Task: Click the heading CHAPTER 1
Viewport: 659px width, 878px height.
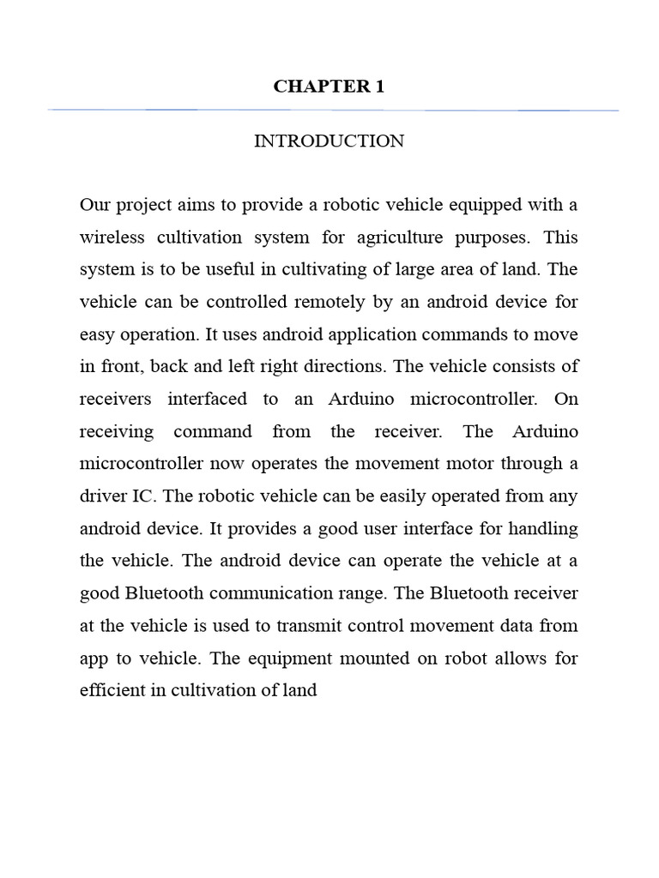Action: tap(329, 87)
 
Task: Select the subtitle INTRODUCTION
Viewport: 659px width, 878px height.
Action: tap(329, 141)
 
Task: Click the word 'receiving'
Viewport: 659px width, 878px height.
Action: tap(117, 431)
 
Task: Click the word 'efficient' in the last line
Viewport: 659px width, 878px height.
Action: tap(110, 690)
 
